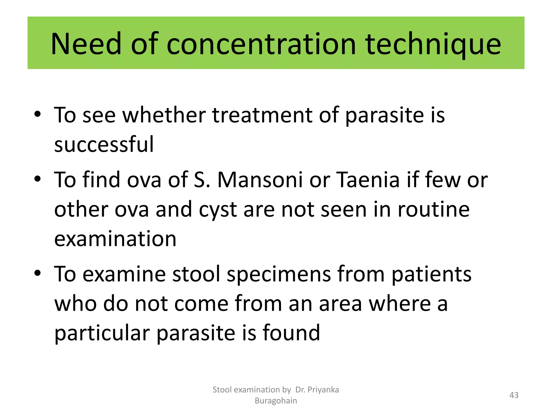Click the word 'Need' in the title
pyautogui.click(x=86, y=44)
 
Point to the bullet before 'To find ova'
pyautogui.click(x=38, y=178)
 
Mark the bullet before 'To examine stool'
pyautogui.click(x=38, y=273)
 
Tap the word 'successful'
pyautogui.click(x=104, y=144)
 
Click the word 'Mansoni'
pyautogui.click(x=260, y=180)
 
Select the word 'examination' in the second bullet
pyautogui.click(x=115, y=239)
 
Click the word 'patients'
pyautogui.click(x=431, y=274)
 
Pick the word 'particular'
pyautogui.click(x=102, y=333)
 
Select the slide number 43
pyautogui.click(x=514, y=395)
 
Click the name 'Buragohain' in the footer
pyautogui.click(x=276, y=401)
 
